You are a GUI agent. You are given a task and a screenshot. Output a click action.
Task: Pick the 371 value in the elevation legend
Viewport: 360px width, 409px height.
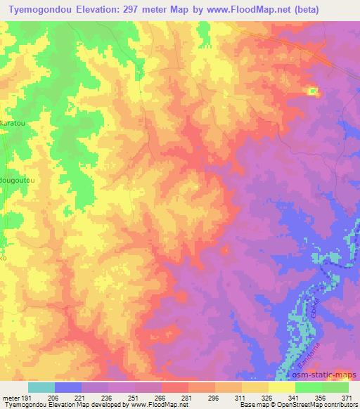348,398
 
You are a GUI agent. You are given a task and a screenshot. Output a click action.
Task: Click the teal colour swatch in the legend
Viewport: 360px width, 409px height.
41,387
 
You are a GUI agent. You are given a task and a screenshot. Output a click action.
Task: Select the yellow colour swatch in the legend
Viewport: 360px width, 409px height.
281,387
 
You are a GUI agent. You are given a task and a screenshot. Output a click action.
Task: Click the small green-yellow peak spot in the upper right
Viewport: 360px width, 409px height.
311,90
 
